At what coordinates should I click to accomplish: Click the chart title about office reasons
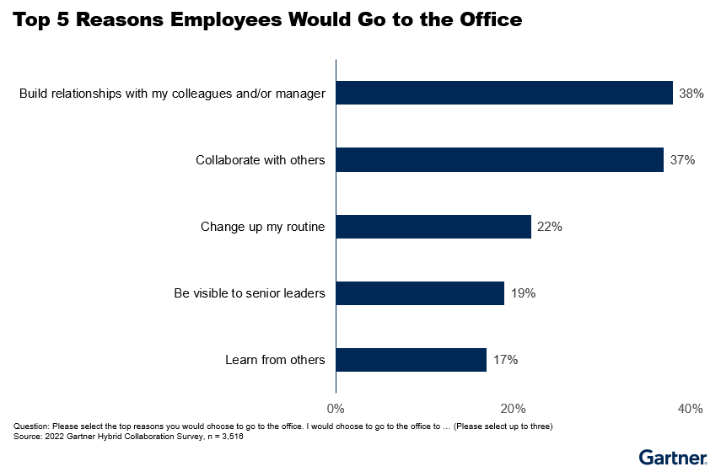(268, 20)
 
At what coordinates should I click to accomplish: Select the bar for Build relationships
(504, 93)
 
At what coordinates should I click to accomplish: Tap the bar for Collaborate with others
(499, 159)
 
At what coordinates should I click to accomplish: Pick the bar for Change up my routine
(433, 227)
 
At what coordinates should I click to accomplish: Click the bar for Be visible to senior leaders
(420, 293)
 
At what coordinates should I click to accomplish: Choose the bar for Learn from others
(412, 360)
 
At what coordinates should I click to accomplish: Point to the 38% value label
(691, 93)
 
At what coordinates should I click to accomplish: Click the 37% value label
(682, 159)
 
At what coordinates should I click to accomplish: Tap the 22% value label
(550, 227)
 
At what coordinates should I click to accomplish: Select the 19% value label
(523, 293)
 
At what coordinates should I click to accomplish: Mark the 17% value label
(505, 360)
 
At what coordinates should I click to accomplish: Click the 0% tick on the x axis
(336, 409)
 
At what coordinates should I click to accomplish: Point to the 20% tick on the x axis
(513, 409)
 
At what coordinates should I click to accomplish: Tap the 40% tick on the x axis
(690, 409)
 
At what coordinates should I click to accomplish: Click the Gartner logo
(672, 458)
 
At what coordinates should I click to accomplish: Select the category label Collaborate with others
(261, 159)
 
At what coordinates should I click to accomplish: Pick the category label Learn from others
(275, 360)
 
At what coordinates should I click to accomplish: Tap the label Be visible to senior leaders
(250, 293)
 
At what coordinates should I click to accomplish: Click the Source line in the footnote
(129, 437)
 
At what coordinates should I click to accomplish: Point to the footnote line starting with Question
(282, 426)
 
